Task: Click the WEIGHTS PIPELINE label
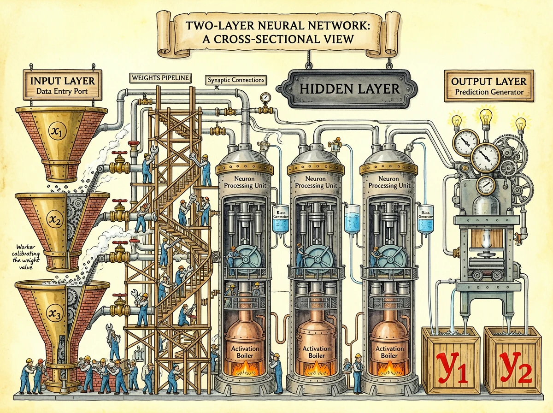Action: pyautogui.click(x=160, y=78)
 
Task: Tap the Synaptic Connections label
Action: pyautogui.click(x=235, y=80)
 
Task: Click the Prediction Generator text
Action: pyautogui.click(x=488, y=92)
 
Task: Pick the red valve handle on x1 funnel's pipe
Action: pyautogui.click(x=121, y=153)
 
